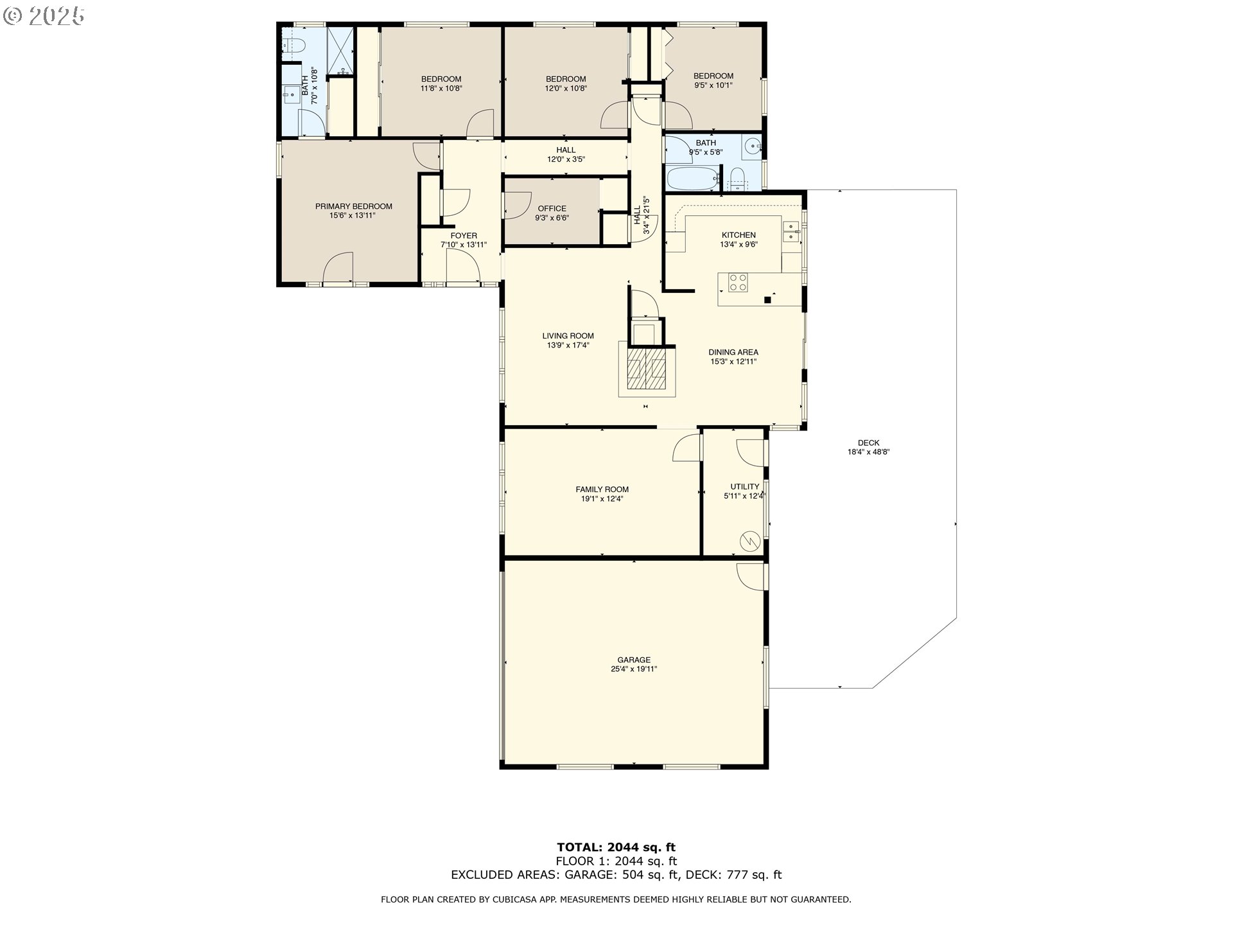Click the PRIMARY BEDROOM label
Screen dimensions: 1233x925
[x=353, y=206]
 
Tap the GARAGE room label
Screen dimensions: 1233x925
[x=634, y=660]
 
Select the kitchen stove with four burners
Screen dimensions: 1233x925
[x=738, y=283]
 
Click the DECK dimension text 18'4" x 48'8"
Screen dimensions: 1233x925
[x=868, y=452]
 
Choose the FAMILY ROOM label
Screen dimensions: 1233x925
[x=602, y=489]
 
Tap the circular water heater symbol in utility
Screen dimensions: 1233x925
[x=749, y=541]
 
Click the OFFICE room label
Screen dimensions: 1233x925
[x=552, y=208]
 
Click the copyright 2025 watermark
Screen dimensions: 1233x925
[x=44, y=16]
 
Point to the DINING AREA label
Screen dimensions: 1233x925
[x=733, y=352]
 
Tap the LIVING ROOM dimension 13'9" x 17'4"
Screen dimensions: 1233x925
[x=568, y=345]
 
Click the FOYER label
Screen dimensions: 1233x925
[x=464, y=236]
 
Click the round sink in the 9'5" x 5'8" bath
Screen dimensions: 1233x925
[x=751, y=147]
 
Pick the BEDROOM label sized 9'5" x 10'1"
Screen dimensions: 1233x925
[x=713, y=76]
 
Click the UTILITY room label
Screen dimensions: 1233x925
[x=745, y=486]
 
